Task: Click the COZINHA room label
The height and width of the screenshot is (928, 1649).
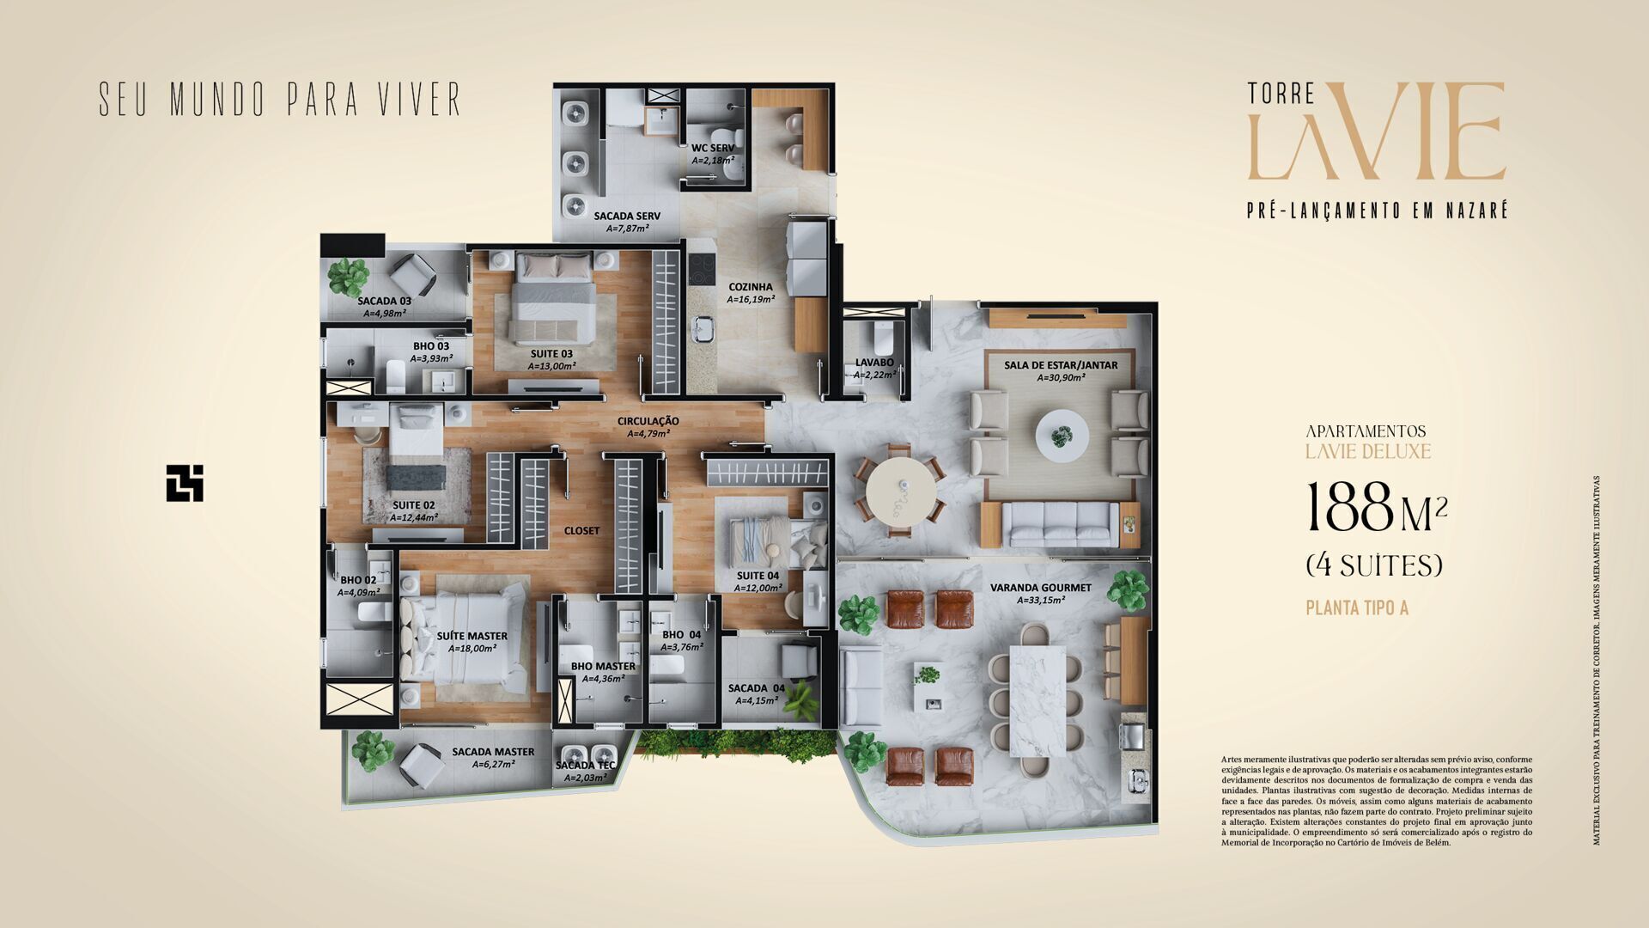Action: (751, 287)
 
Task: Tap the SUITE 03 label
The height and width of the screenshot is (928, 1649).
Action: (551, 353)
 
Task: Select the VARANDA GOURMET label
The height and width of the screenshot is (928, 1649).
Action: (1040, 588)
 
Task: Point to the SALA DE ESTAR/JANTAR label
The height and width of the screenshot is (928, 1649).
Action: (1061, 365)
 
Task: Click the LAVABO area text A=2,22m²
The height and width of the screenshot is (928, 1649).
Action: (874, 375)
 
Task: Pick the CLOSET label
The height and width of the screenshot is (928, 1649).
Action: (581, 531)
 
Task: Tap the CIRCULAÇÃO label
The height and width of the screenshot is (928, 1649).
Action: (648, 421)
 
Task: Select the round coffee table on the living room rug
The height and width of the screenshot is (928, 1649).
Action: (1062, 435)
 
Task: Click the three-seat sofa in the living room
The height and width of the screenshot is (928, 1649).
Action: (1061, 524)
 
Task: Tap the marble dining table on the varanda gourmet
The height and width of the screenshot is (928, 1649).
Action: (1037, 699)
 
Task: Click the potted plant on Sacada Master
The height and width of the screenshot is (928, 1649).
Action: (372, 749)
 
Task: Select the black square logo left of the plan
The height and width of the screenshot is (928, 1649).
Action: (185, 483)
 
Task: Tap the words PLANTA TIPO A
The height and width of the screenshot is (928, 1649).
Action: (1357, 608)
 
